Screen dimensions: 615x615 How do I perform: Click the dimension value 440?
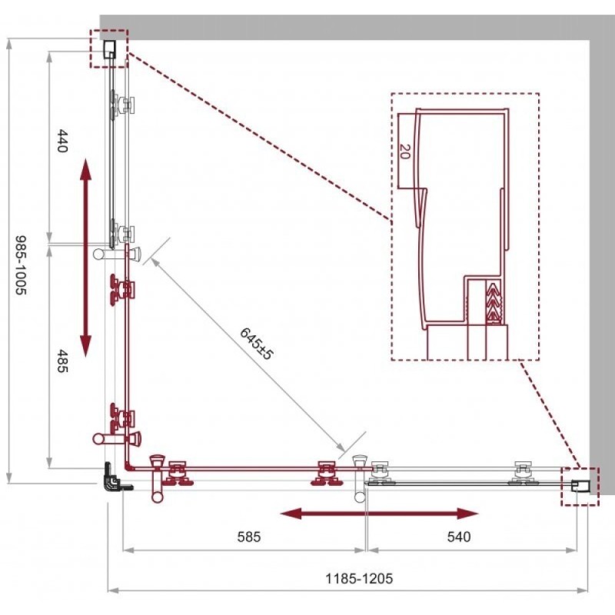click(x=63, y=141)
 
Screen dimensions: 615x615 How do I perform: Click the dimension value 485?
click(x=63, y=361)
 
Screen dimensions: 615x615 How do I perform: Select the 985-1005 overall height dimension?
click(x=21, y=264)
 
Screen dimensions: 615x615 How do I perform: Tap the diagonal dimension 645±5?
click(x=256, y=344)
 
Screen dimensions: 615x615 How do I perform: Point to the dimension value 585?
click(x=249, y=537)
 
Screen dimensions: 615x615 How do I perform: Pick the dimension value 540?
click(x=459, y=537)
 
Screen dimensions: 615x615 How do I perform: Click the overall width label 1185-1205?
click(x=359, y=578)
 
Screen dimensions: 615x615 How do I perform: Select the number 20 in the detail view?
click(x=405, y=151)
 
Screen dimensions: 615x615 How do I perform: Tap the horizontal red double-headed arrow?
click(x=379, y=513)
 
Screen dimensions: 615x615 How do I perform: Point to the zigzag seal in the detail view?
click(x=494, y=302)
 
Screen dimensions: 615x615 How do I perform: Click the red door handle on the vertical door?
click(x=117, y=437)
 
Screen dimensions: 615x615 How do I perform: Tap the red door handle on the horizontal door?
click(x=158, y=478)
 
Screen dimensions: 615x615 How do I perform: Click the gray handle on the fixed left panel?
click(x=117, y=254)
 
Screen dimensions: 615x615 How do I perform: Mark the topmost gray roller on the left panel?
click(x=122, y=105)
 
